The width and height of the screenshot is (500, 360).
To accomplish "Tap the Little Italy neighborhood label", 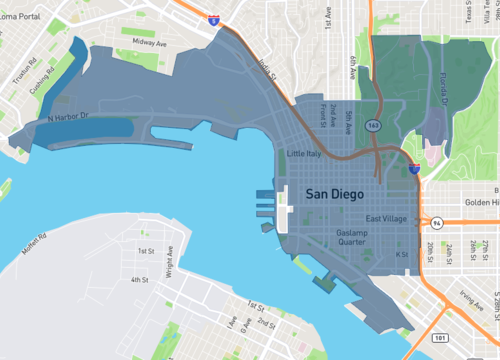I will point(306,155).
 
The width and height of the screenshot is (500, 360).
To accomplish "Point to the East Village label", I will point(385,219).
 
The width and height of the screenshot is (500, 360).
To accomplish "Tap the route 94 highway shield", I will point(437,223).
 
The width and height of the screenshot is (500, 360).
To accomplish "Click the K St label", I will point(402,255).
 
